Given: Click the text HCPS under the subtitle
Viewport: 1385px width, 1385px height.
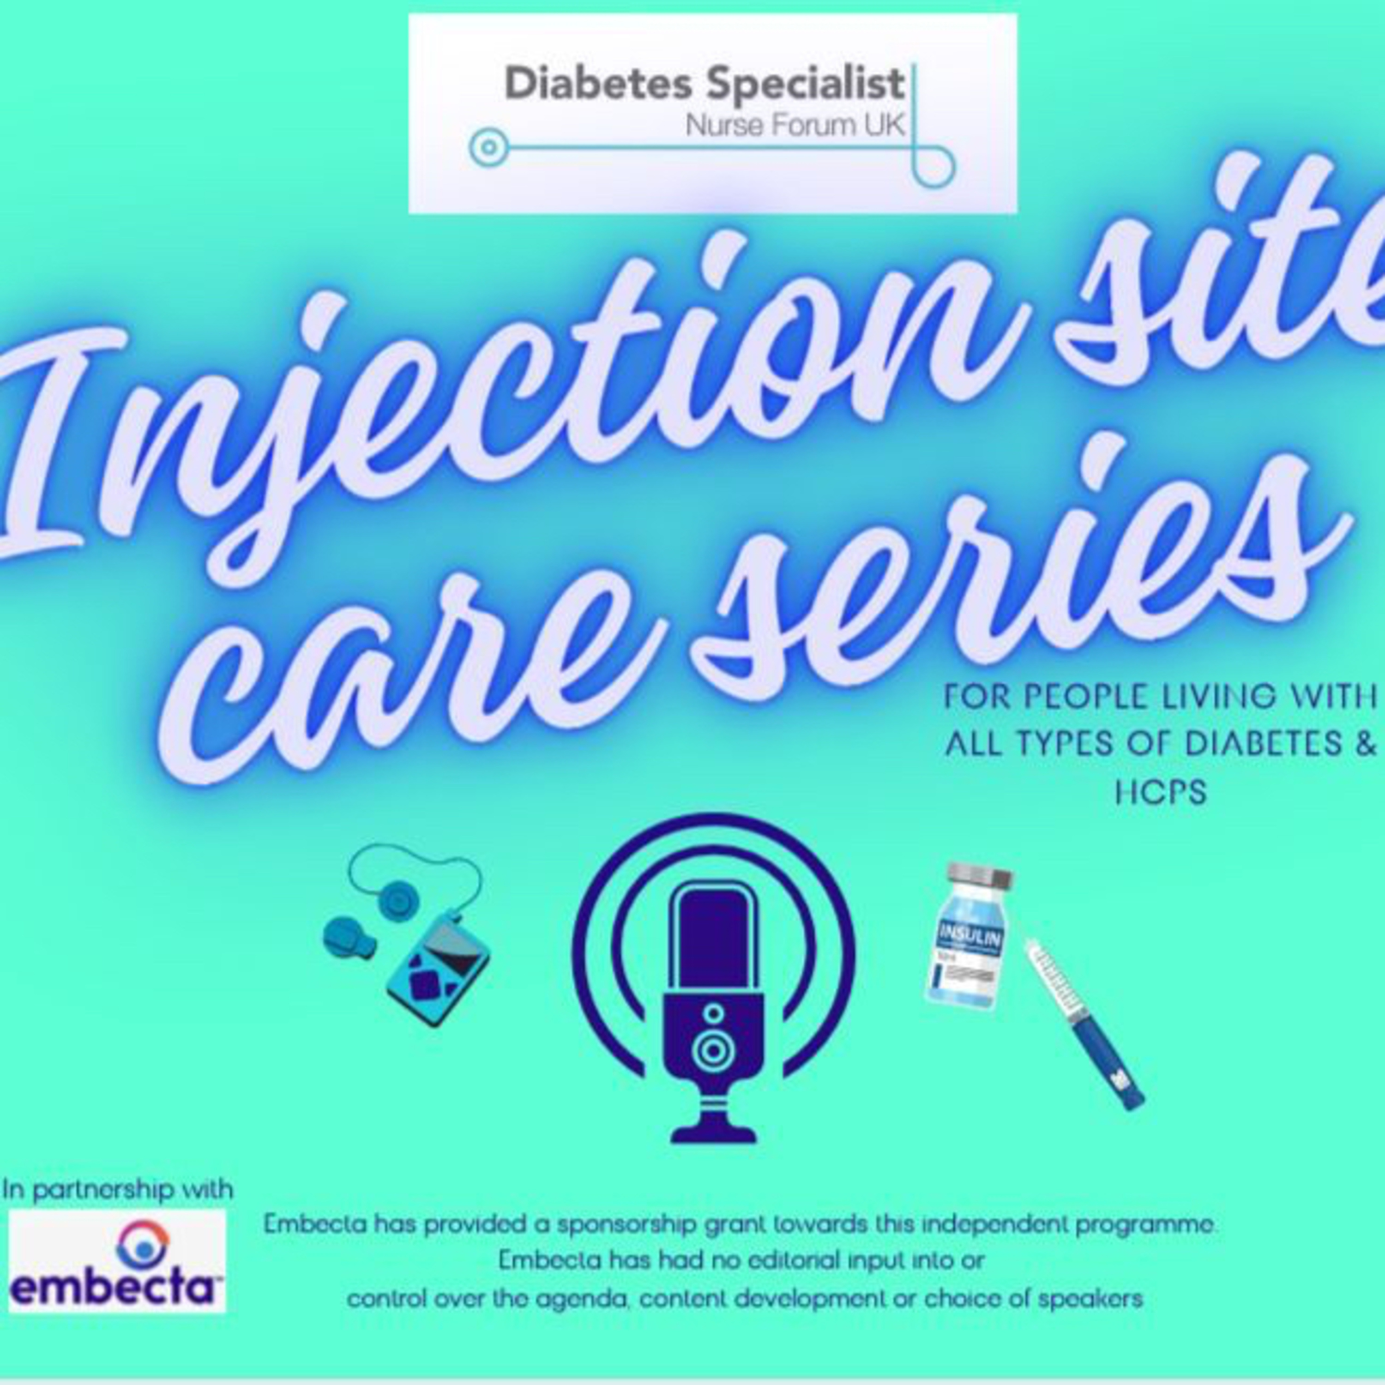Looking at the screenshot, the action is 1161,792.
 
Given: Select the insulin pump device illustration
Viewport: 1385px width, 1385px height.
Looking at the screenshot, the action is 437,968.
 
